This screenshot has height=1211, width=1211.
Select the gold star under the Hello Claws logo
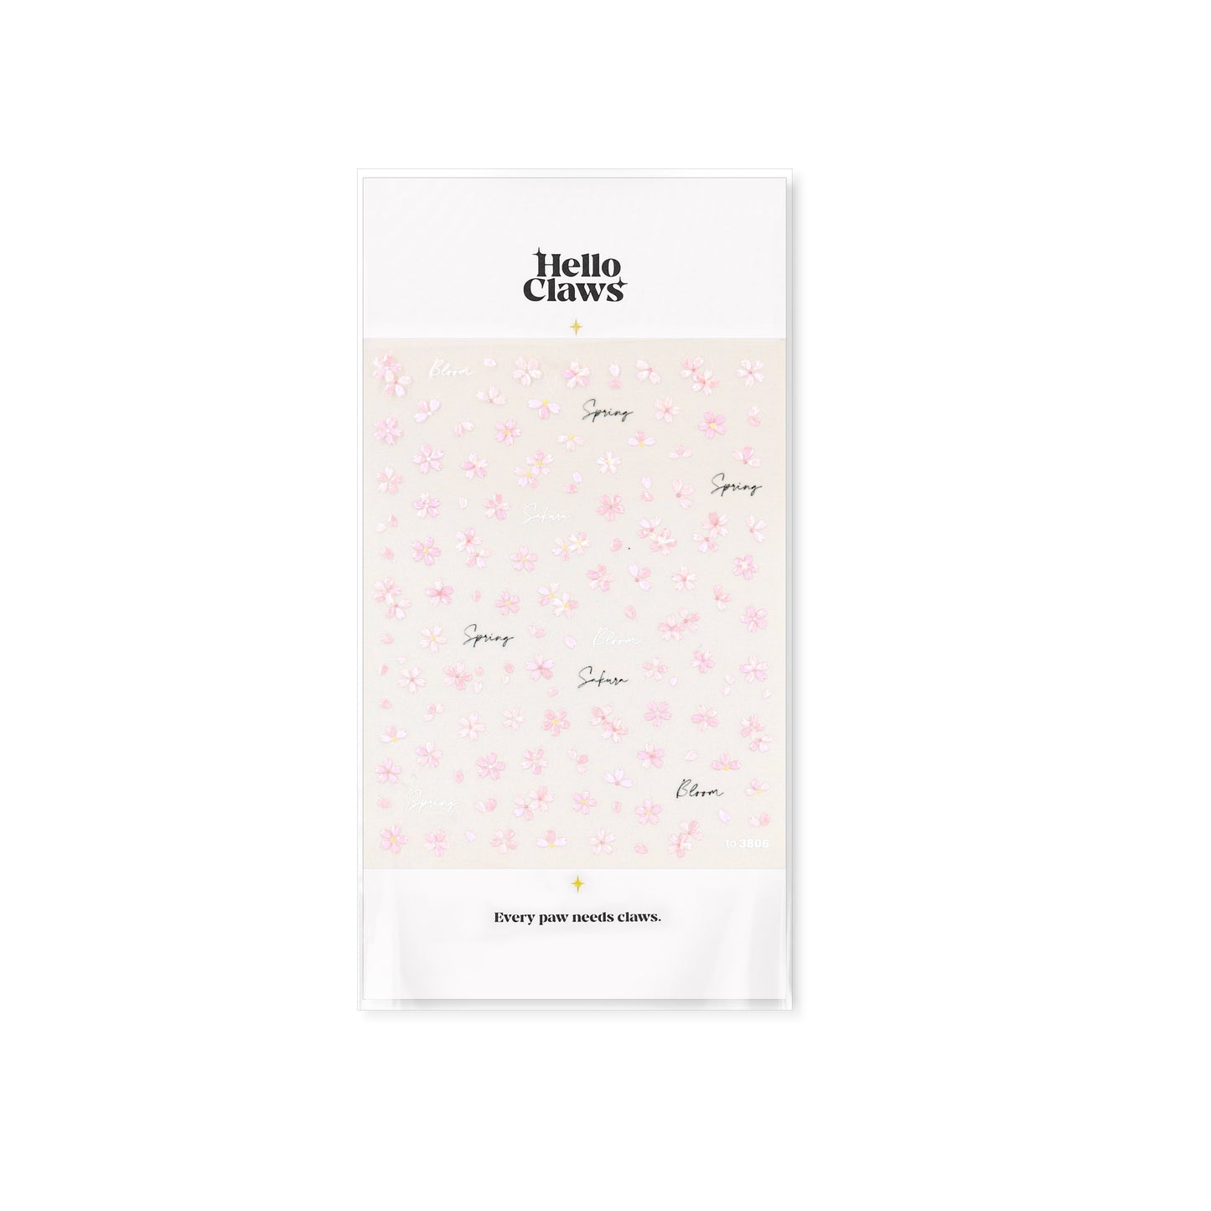(577, 327)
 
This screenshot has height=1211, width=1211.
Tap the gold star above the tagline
(577, 882)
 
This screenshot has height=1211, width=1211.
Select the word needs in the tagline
(598, 918)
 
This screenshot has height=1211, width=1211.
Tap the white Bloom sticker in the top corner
(450, 370)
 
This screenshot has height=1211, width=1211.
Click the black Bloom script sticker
(698, 790)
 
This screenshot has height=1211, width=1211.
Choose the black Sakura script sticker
(603, 678)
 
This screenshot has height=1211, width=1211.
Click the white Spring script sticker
(430, 801)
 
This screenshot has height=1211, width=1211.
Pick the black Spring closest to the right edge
(736, 485)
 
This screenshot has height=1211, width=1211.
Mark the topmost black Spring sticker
(607, 411)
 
